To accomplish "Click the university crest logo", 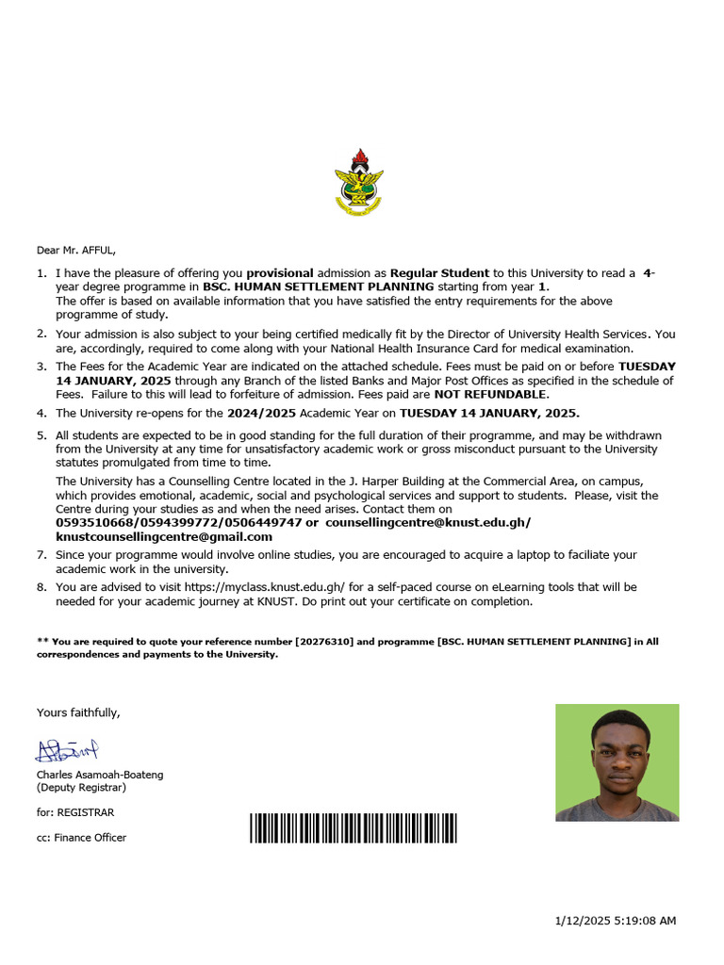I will click(x=360, y=182).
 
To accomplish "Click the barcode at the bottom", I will click(x=354, y=827).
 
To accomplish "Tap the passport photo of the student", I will click(x=617, y=762).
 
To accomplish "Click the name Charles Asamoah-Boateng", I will click(x=100, y=775).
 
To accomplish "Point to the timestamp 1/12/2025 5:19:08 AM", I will click(x=614, y=921).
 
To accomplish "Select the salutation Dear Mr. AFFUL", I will click(x=76, y=250).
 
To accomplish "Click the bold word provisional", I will click(x=280, y=273).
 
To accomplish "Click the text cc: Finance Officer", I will click(x=81, y=837).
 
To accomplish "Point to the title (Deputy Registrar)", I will click(x=81, y=787).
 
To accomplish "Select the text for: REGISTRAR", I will click(x=75, y=811).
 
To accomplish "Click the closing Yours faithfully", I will click(x=78, y=712).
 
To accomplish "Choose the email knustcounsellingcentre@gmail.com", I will click(x=164, y=536).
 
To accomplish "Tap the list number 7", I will click(x=41, y=555).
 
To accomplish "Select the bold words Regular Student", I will click(x=440, y=273).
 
